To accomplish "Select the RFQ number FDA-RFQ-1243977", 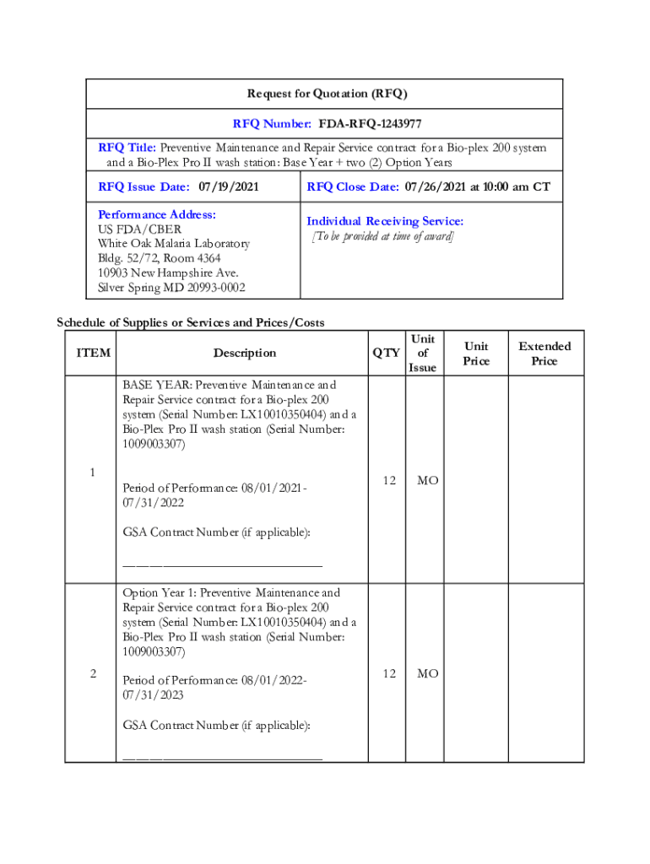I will click(x=371, y=124).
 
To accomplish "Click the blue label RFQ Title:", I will click(x=127, y=147).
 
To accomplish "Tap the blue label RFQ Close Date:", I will click(x=353, y=186).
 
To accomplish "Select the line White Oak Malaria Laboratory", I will click(x=174, y=244).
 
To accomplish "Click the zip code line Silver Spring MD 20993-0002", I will click(x=171, y=288).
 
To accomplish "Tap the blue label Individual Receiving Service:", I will click(x=385, y=221).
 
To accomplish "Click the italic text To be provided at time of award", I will click(x=382, y=236).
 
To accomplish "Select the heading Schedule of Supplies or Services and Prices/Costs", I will click(x=190, y=322).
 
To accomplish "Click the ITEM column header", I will click(x=93, y=353).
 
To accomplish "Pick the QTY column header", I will click(x=387, y=353).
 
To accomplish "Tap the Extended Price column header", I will click(x=544, y=354).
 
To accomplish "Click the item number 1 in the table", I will click(x=92, y=472).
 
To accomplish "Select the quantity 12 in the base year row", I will click(x=388, y=480).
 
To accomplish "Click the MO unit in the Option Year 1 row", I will click(x=427, y=673).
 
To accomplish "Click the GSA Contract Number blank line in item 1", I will click(x=222, y=564).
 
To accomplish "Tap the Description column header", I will click(x=244, y=353).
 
